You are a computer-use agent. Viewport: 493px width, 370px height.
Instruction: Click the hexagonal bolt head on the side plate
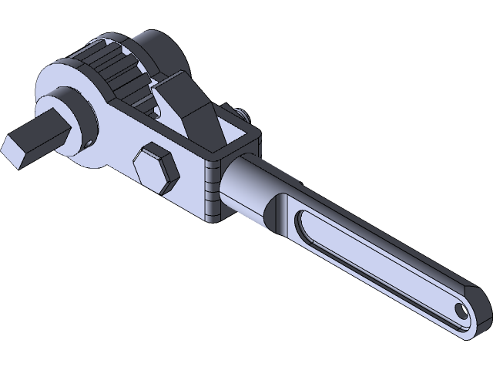[154, 169]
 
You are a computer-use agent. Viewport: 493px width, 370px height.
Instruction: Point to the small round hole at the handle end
[461, 310]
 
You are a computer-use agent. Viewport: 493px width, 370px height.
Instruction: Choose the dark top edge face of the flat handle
[385, 231]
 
